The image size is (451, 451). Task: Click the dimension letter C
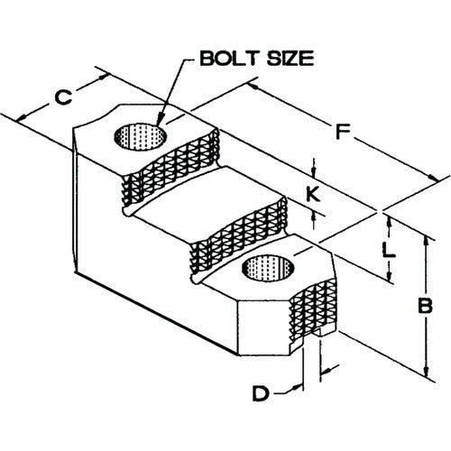pyautogui.click(x=63, y=97)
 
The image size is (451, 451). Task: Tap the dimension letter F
pyautogui.click(x=343, y=132)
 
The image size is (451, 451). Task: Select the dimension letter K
pyautogui.click(x=313, y=194)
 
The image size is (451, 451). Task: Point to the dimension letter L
pyautogui.click(x=389, y=251)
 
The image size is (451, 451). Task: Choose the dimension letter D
pyautogui.click(x=261, y=393)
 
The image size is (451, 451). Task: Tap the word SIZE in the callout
pyautogui.click(x=290, y=59)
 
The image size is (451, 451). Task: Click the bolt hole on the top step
pyautogui.click(x=141, y=136)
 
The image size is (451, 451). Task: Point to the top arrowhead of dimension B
pyautogui.click(x=426, y=242)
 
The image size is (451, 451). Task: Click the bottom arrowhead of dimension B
pyautogui.click(x=426, y=371)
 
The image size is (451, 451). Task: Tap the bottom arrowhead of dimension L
pyautogui.click(x=389, y=275)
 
